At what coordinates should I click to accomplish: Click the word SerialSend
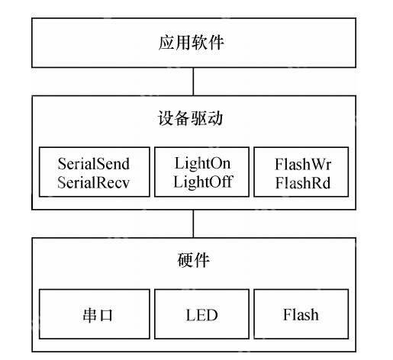click(x=94, y=163)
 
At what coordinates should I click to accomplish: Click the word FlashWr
click(x=301, y=163)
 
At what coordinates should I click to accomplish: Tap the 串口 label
click(x=93, y=313)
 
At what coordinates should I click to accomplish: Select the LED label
click(x=196, y=313)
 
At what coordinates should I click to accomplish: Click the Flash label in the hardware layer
click(x=301, y=313)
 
